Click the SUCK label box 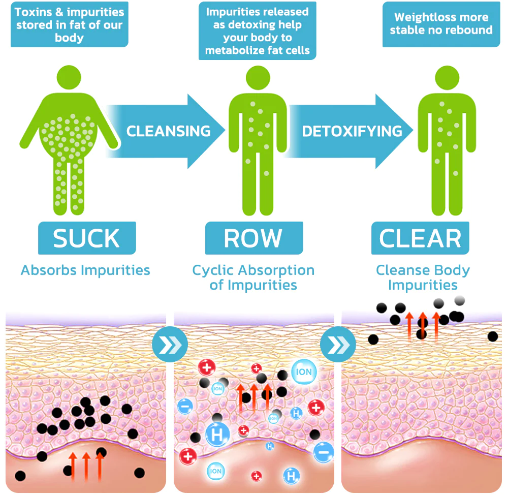(87, 238)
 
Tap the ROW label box (253, 238)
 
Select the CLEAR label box (420, 238)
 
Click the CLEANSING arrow (168, 131)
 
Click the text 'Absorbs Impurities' (85, 270)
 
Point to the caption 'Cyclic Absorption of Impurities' (253, 277)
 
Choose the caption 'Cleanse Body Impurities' (423, 277)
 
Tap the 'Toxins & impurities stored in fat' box (69, 24)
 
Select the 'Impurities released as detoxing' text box (258, 31)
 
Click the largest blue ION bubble (304, 372)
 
